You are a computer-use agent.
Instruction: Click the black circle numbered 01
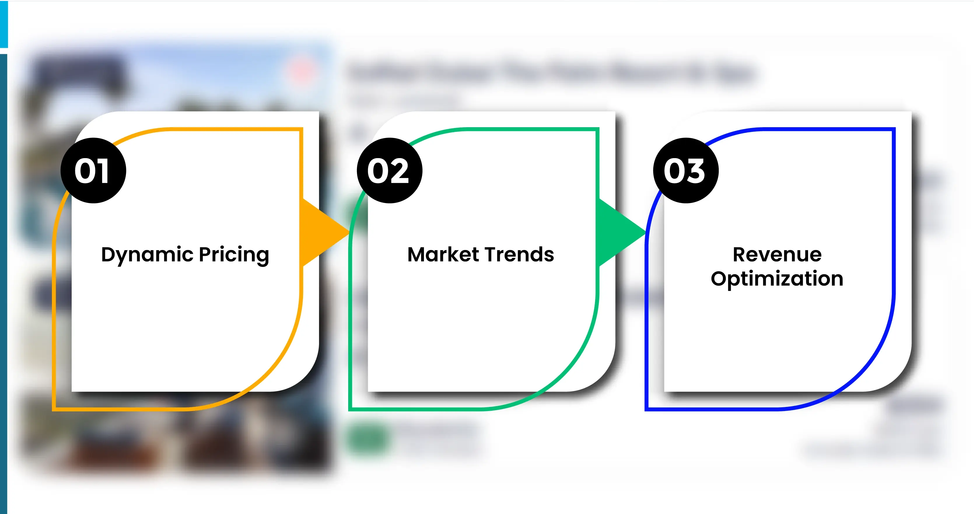pos(93,171)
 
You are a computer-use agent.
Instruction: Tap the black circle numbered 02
pos(389,171)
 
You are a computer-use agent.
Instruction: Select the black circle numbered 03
pos(686,171)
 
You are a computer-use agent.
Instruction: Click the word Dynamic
pos(147,255)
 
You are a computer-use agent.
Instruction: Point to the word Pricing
pos(234,255)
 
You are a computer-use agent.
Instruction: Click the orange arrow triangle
pos(321,232)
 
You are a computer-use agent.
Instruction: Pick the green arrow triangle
pos(618,232)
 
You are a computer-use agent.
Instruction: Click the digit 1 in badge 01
pos(103,171)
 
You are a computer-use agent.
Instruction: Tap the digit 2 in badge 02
pos(399,171)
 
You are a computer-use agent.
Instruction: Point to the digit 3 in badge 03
pos(695,171)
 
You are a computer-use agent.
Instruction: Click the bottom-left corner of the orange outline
pos(54,409)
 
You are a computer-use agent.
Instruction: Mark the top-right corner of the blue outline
pos(894,129)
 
